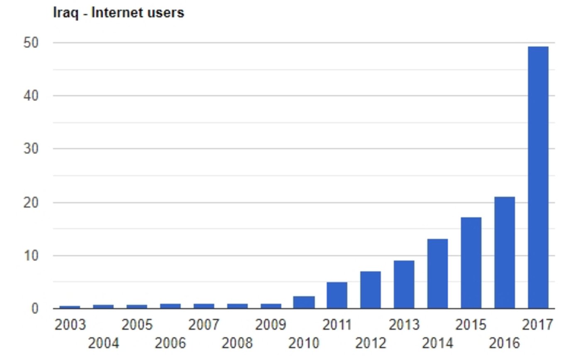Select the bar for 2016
504,253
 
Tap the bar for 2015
471,263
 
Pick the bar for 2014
437,274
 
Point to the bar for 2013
404,285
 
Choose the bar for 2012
370,290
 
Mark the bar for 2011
337,295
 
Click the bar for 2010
304,302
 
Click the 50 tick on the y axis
31,43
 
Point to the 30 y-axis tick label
31,149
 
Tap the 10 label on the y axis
31,255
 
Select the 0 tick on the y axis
34,309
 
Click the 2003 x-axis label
70,325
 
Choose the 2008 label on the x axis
237,343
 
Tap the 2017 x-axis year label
538,325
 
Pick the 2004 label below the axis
103,343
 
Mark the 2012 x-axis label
371,343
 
